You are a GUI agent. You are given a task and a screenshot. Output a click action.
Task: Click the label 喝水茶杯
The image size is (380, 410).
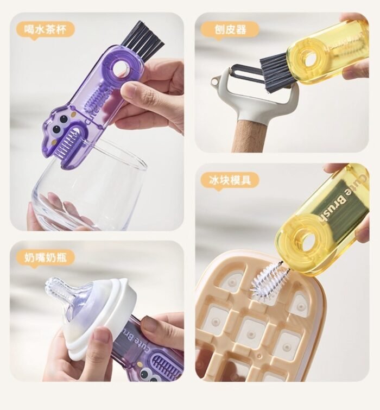[x=46, y=29]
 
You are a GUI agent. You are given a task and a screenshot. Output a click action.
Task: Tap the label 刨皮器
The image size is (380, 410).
[x=231, y=29]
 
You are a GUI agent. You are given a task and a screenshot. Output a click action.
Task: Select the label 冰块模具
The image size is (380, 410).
[x=230, y=180]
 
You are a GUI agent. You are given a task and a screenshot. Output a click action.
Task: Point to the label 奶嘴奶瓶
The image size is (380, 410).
[x=46, y=257]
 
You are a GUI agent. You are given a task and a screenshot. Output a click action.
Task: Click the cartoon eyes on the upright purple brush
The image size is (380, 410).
[x=60, y=124]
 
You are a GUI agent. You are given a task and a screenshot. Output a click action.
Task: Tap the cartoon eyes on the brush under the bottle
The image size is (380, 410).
[x=152, y=375]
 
